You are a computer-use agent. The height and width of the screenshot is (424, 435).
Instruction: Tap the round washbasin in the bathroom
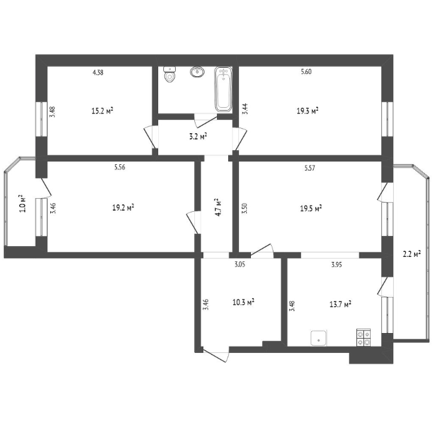tap(197, 72)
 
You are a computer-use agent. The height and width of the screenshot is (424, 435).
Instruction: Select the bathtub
tap(223, 89)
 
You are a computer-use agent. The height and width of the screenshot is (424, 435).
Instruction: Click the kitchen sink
tap(319, 338)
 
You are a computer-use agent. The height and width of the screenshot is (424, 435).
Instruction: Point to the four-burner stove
tap(363, 338)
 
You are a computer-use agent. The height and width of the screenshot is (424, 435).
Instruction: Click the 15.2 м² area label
tap(102, 111)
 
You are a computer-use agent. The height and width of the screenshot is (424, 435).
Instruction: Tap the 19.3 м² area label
tap(307, 111)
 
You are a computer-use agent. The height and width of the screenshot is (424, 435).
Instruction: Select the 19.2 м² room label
tap(124, 207)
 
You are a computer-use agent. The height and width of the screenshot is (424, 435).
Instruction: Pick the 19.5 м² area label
tap(311, 208)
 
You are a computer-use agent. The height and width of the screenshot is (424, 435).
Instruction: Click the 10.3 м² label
tap(243, 301)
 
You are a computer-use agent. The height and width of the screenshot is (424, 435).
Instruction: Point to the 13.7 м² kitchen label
tap(341, 304)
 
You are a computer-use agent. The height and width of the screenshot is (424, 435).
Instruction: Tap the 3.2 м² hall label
tap(198, 137)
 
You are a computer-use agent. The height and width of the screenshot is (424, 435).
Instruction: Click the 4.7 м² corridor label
tap(217, 207)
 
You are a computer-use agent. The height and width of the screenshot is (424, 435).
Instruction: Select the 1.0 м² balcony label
tap(23, 204)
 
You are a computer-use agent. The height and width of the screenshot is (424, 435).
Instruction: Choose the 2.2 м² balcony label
tap(412, 253)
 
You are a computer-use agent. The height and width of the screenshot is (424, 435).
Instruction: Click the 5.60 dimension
tap(306, 72)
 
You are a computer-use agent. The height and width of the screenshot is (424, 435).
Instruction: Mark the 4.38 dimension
tap(98, 72)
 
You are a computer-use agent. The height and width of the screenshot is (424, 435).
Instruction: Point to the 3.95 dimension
tap(337, 265)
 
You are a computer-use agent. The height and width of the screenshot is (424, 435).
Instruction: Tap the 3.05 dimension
tap(240, 264)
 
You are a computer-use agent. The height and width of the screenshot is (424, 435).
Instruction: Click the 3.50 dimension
tap(245, 208)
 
